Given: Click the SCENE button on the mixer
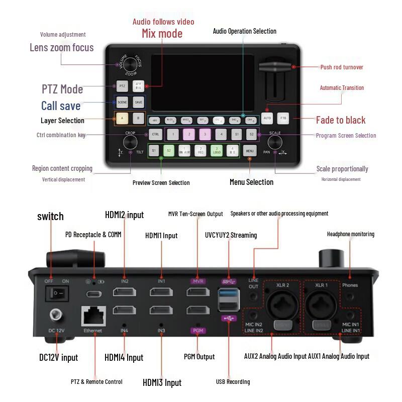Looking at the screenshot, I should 122,102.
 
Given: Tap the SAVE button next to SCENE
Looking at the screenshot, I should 138,102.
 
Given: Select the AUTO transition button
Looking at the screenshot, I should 267,118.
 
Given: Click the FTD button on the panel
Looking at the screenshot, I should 283,118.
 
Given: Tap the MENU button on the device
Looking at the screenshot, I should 249,150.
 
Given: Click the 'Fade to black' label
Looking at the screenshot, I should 341,120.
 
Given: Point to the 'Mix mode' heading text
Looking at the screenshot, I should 162,34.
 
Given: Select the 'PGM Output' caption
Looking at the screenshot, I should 199,357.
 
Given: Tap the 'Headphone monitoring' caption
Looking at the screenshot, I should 350,234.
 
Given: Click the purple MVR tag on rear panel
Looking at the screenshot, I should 197,281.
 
